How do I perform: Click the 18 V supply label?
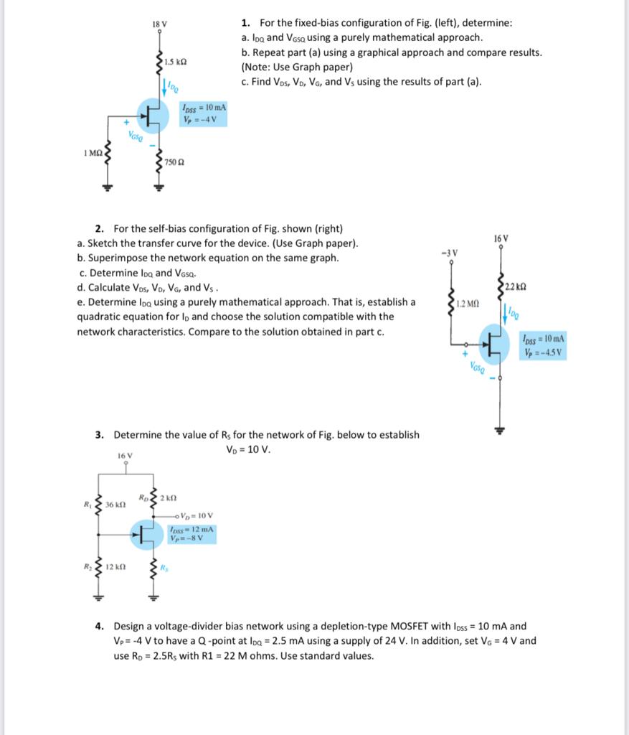(159, 24)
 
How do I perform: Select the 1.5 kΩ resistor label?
(176, 62)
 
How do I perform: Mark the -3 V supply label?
(448, 253)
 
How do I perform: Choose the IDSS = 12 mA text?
(190, 529)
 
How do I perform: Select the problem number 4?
(100, 626)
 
